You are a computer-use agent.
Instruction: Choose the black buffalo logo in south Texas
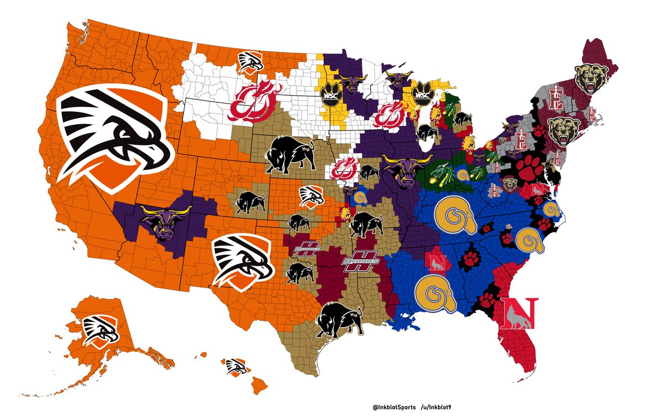pos(338,319)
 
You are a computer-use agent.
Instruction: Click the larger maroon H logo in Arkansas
pos(360,262)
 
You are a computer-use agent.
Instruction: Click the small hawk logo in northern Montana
pos(251,61)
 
